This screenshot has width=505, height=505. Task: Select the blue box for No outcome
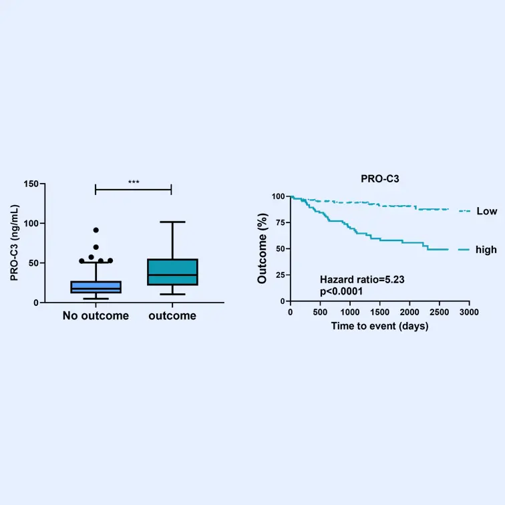coord(96,287)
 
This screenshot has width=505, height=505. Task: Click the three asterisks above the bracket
coord(134,182)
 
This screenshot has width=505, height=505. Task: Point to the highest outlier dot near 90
coord(96,230)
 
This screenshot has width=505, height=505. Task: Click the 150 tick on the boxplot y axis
coord(29,184)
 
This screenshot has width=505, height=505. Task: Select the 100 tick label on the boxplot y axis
coord(29,223)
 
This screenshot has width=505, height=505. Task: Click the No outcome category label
coord(96,315)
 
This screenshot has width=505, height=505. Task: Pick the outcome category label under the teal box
coord(172,315)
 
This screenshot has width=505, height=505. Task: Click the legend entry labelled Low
coord(486,211)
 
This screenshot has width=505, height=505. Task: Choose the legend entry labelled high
coord(486,250)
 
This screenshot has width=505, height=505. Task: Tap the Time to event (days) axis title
coord(379,326)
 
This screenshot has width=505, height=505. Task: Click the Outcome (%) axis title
coord(263,247)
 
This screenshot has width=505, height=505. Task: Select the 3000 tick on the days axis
coord(469,312)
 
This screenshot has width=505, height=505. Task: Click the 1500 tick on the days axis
coord(379,312)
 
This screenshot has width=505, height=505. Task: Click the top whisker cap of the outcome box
coord(172,222)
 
